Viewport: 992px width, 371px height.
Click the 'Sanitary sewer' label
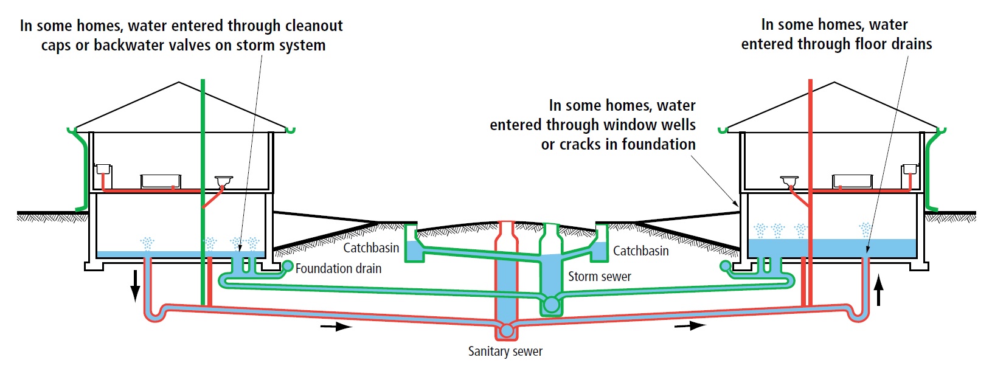505,352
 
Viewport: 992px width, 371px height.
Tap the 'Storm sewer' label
599,277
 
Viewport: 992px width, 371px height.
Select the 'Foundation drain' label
338,269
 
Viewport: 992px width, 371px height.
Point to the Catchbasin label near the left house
371,248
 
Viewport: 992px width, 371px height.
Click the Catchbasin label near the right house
640,251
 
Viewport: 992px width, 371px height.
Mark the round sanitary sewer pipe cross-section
507,331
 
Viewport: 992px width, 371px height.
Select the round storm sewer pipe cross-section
551,304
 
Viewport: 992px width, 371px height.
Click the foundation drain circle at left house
288,266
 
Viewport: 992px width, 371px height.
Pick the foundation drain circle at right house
725,266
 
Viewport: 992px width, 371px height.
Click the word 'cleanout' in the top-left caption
314,26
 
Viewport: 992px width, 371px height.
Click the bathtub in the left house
161,181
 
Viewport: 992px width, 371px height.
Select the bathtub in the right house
852,181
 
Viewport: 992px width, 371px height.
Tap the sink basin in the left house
224,180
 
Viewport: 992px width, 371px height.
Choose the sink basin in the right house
789,180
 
